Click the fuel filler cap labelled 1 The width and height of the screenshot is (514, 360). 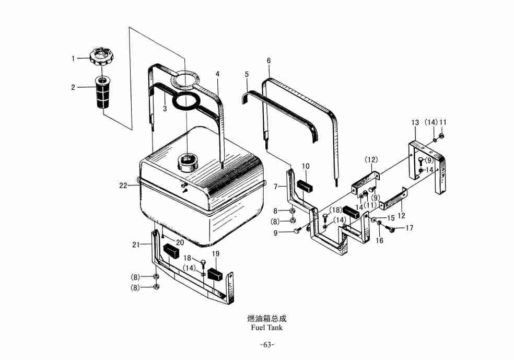pos(101,57)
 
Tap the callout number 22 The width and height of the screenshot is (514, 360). pos(123,185)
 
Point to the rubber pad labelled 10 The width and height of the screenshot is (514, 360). pos(305,185)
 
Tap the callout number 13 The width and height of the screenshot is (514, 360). pos(415,123)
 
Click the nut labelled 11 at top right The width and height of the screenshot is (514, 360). pos(441,135)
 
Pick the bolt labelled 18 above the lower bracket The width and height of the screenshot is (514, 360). pos(203,263)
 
